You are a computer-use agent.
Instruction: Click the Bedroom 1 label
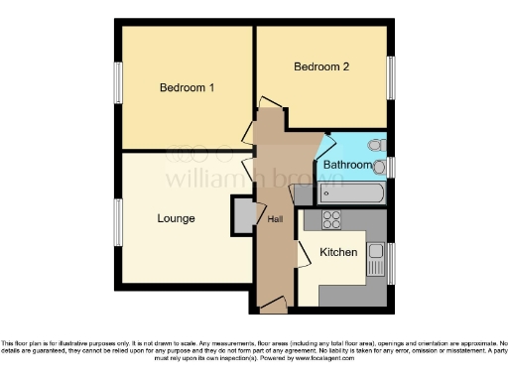(x=188, y=87)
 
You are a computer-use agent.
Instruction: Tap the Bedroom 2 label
(x=321, y=67)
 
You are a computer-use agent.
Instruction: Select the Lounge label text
(x=176, y=218)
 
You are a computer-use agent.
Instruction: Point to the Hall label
(x=275, y=218)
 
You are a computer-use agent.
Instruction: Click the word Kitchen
(x=338, y=253)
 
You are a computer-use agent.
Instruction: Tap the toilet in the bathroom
(x=374, y=144)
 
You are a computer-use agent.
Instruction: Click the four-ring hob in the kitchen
(x=331, y=220)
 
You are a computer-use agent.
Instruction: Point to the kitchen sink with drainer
(x=375, y=261)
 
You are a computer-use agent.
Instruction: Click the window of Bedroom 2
(x=391, y=77)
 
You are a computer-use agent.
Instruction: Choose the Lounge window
(x=117, y=222)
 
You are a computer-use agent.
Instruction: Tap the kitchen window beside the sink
(x=391, y=263)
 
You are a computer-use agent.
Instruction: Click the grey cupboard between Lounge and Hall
(x=242, y=215)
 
